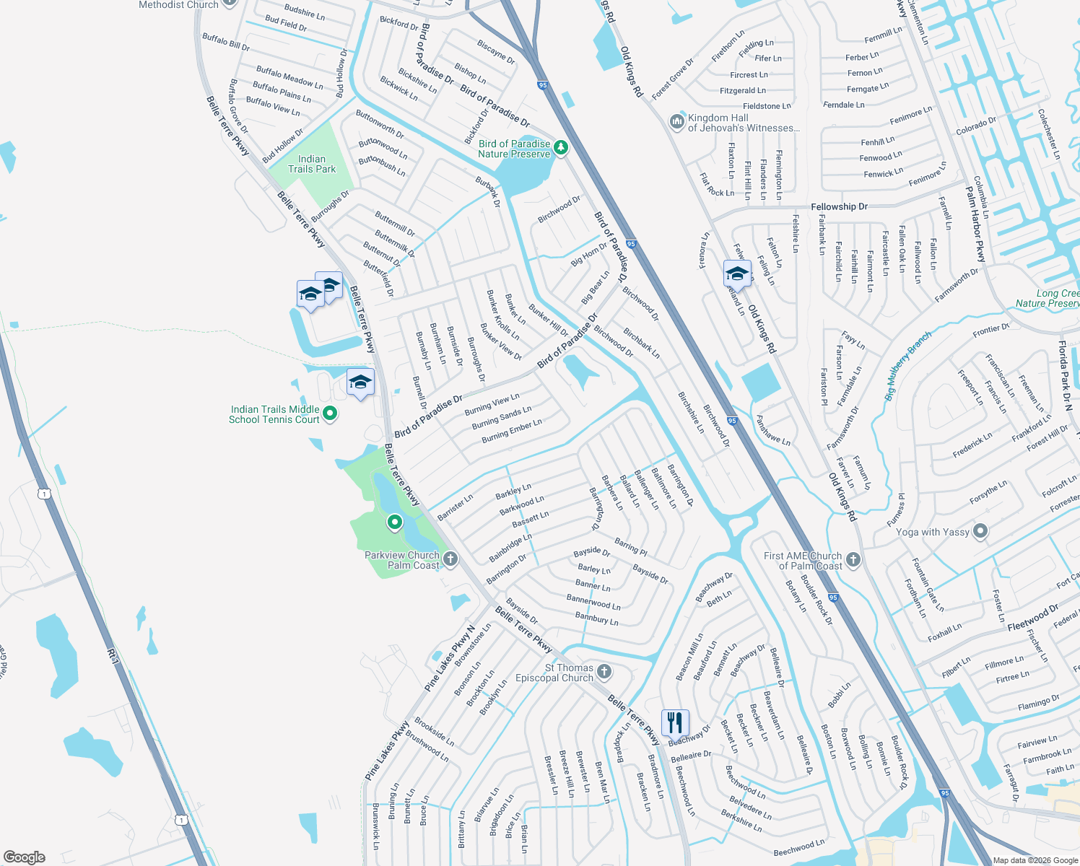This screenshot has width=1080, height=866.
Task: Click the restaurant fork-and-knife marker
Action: (x=675, y=722)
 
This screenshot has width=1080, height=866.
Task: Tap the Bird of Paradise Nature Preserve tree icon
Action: (x=560, y=148)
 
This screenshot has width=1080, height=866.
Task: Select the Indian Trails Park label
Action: (x=312, y=164)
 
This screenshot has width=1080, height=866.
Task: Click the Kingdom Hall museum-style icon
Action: (x=676, y=122)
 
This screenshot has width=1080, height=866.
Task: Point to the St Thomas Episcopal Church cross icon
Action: (x=604, y=672)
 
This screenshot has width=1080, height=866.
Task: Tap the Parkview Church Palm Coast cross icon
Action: (x=450, y=559)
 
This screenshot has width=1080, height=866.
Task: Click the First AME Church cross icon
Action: (x=853, y=559)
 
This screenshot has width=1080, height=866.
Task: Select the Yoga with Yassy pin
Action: (x=980, y=532)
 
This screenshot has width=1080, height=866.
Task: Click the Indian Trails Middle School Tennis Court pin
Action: (x=330, y=414)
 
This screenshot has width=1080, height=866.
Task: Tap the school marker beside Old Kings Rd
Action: (x=737, y=274)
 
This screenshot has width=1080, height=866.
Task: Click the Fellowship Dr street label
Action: (x=839, y=206)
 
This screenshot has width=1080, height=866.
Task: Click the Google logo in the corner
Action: (x=24, y=857)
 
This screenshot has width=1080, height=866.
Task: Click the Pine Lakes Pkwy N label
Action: (x=450, y=658)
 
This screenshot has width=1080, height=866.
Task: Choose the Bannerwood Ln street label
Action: (x=593, y=601)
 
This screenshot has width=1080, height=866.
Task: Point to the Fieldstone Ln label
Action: (x=767, y=106)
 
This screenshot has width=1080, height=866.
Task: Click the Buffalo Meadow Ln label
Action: (x=289, y=76)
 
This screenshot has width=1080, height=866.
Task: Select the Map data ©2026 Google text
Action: (x=1035, y=860)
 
